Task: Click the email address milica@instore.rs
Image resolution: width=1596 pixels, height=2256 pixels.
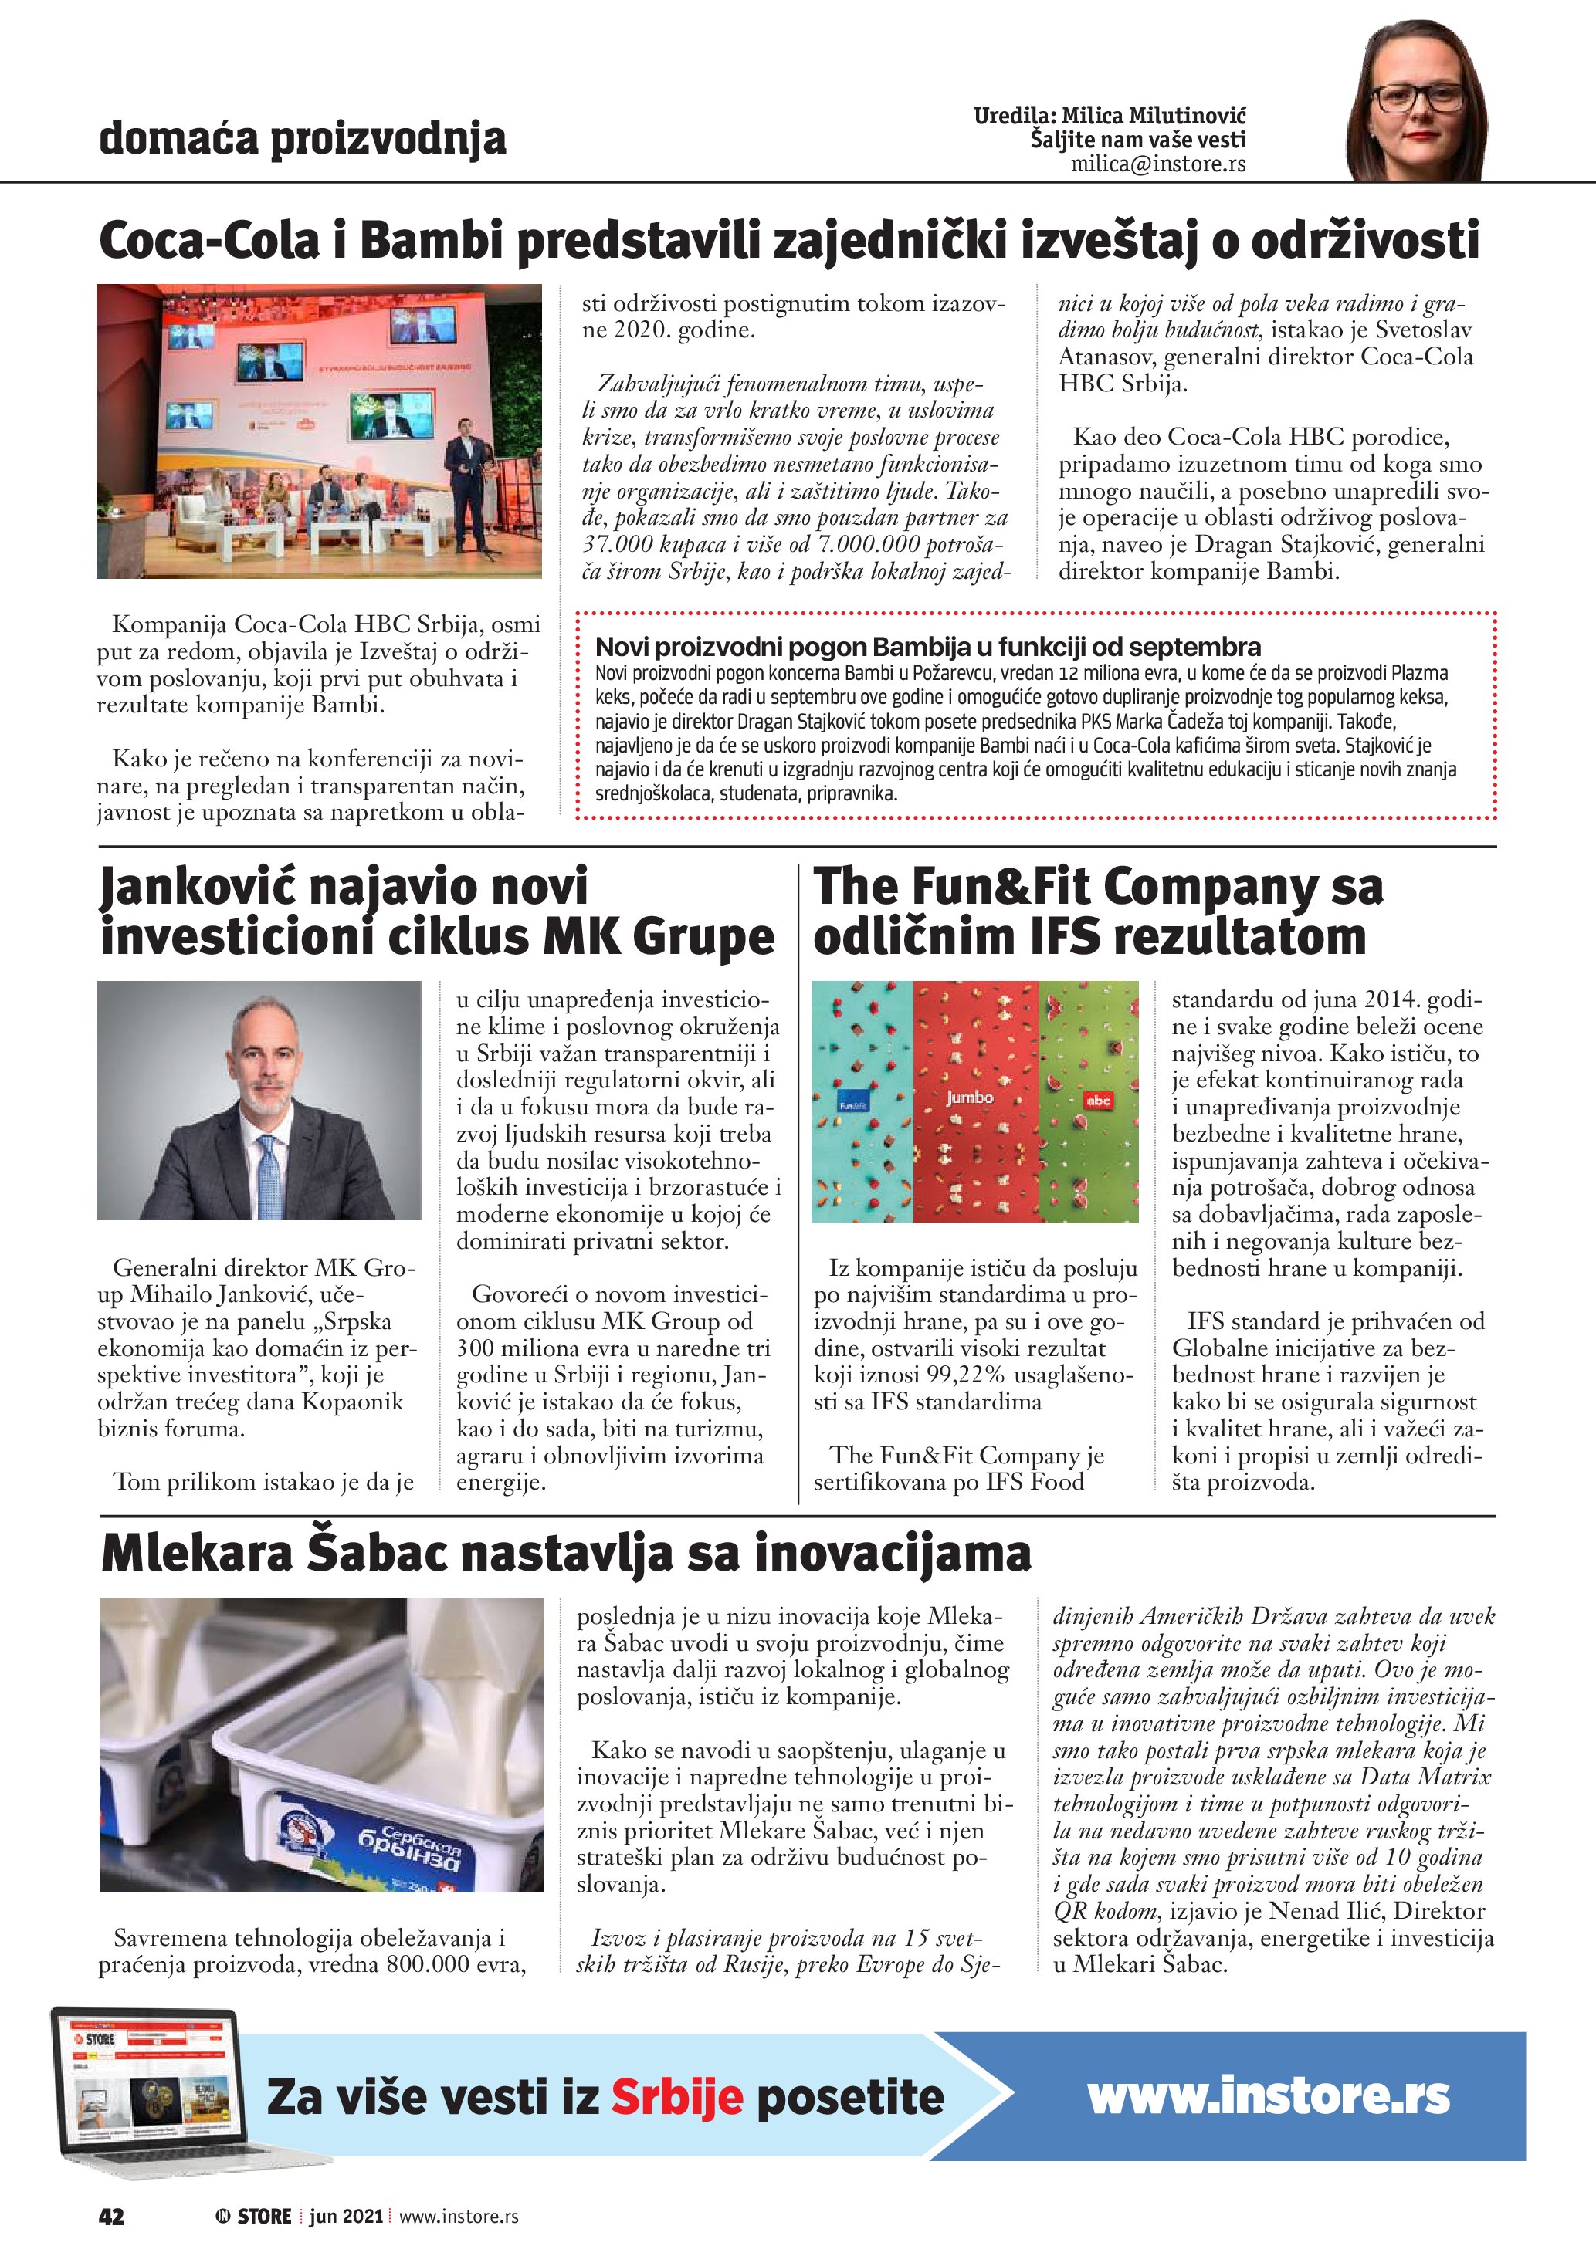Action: (x=1157, y=164)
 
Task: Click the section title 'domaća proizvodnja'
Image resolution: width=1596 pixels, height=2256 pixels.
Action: (x=303, y=139)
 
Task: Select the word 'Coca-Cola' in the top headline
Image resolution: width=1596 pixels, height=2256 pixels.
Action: (x=209, y=241)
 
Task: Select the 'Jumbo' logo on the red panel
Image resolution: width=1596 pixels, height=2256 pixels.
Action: (x=969, y=1098)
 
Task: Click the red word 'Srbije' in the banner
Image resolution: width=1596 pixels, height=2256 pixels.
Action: (x=677, y=2098)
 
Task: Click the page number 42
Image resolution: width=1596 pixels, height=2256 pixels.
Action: (x=111, y=2216)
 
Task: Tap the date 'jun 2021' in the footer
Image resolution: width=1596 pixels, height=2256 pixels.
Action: (x=345, y=2216)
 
